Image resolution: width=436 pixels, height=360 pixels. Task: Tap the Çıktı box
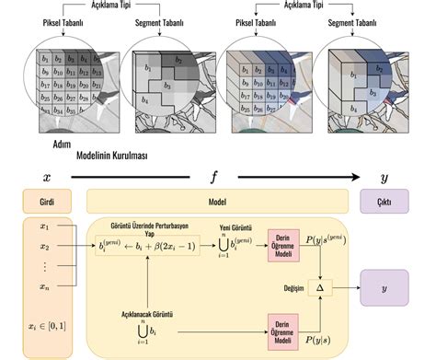384,200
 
